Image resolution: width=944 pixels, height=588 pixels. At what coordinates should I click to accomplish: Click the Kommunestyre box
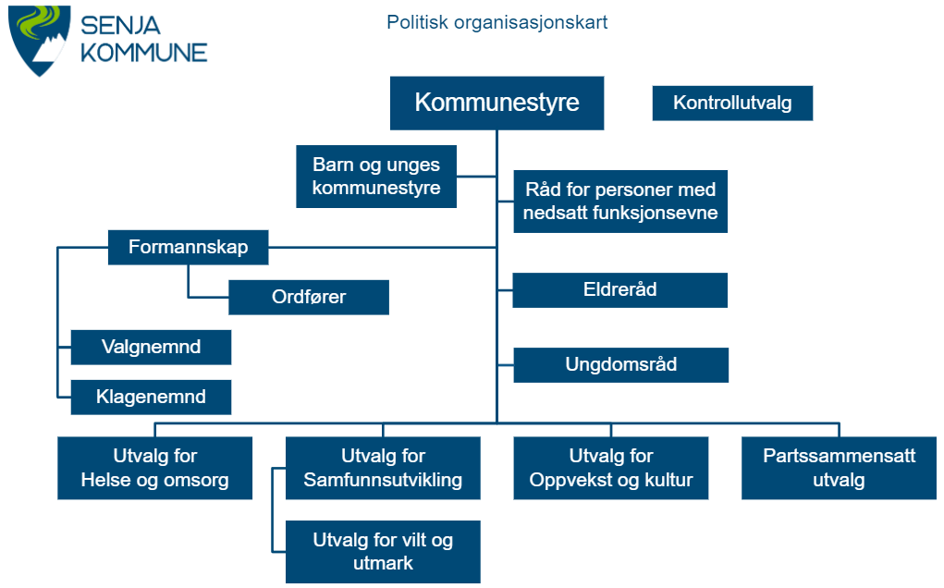click(497, 103)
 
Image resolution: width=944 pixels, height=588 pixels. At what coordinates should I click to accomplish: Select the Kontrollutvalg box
click(732, 103)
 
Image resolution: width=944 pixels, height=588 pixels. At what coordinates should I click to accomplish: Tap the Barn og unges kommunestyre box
click(376, 177)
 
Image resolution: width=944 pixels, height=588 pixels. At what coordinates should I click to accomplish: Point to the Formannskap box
click(188, 248)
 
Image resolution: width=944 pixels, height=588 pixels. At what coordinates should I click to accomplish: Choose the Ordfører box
click(308, 298)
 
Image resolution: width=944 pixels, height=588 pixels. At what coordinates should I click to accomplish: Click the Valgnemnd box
click(151, 348)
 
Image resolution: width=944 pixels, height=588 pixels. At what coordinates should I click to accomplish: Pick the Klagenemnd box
click(151, 398)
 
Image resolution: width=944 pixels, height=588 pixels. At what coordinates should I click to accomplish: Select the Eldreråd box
click(620, 290)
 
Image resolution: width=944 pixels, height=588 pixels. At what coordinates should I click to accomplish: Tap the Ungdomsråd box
click(620, 364)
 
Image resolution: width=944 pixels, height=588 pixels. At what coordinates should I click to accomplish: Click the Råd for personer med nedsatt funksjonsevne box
click(620, 201)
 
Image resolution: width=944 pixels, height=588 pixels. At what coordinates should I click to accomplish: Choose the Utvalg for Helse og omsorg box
click(154, 468)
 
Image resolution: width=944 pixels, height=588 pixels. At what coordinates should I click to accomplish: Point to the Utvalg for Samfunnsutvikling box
click(383, 468)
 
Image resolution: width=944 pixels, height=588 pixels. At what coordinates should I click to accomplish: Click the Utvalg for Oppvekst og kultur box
click(610, 468)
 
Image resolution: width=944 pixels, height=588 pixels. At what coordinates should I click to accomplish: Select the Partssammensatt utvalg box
click(839, 468)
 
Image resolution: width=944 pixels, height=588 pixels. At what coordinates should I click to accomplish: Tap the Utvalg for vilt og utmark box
click(383, 552)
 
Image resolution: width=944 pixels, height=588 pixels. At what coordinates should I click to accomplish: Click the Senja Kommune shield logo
click(39, 40)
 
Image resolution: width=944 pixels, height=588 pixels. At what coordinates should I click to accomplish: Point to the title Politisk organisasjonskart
click(497, 22)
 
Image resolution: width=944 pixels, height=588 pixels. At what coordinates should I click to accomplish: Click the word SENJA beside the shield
click(120, 26)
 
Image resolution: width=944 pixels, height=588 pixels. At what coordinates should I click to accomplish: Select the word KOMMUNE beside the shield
click(144, 53)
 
